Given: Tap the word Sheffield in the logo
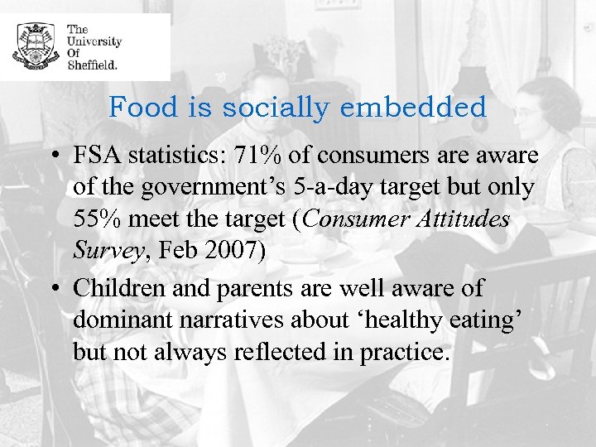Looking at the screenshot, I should [x=92, y=64].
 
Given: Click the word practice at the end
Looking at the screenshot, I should [x=404, y=352].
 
